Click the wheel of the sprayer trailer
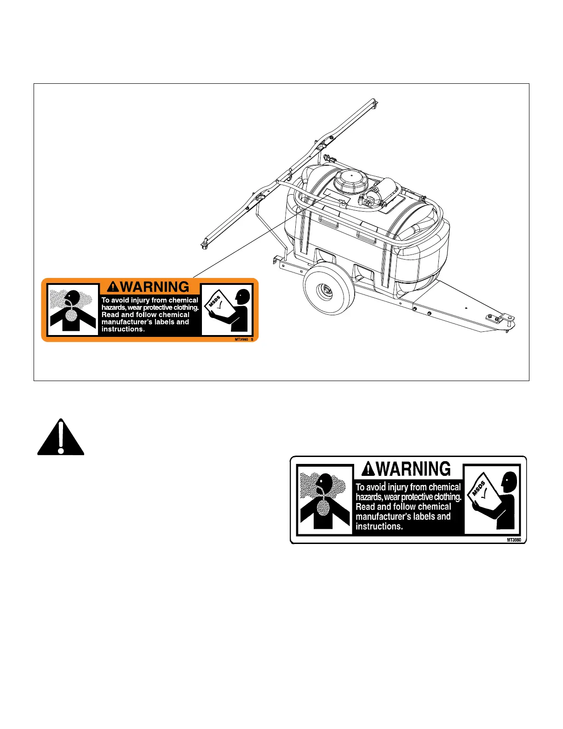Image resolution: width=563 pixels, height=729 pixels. (x=329, y=289)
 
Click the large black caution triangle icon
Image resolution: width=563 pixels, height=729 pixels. (x=61, y=438)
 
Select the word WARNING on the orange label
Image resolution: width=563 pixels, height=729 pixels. (x=155, y=287)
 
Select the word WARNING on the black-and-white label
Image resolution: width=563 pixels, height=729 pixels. (x=413, y=469)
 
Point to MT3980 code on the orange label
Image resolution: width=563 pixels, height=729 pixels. (x=241, y=339)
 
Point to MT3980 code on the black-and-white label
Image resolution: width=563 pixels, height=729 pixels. (x=514, y=540)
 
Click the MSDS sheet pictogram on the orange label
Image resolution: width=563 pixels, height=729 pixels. (x=219, y=304)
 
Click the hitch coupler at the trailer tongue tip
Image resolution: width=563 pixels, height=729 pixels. (x=501, y=319)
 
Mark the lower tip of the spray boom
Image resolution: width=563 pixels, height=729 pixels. (x=204, y=244)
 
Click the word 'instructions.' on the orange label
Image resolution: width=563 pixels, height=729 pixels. (x=123, y=329)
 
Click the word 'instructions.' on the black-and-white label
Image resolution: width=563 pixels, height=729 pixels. (x=379, y=526)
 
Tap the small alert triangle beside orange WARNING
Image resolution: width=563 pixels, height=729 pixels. (x=113, y=287)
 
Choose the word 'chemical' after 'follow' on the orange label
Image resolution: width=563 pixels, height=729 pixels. (x=174, y=315)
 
